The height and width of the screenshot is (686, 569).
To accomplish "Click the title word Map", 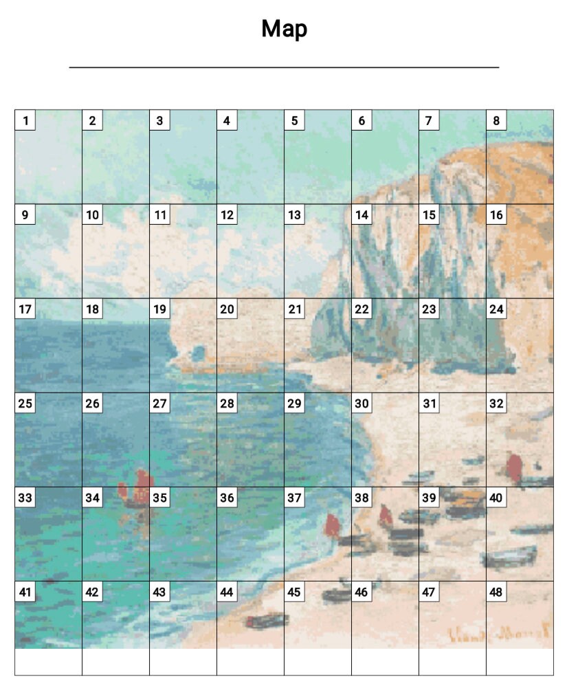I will tap(284, 29).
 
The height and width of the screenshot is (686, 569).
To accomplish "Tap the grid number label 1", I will tap(25, 121).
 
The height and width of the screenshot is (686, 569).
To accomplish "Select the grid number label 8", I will tap(496, 121).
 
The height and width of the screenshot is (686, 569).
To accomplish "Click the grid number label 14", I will tap(361, 215).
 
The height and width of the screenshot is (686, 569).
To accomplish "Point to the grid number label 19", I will tap(159, 309).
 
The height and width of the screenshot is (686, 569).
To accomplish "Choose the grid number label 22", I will tap(361, 309).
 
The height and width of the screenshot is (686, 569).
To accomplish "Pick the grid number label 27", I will tap(159, 403).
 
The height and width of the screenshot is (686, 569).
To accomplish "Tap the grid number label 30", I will tap(361, 403).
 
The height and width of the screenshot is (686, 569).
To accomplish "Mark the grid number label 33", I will tap(25, 498).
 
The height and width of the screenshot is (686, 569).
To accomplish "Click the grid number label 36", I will tap(227, 498).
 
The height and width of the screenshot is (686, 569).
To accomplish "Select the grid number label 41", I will tap(25, 592).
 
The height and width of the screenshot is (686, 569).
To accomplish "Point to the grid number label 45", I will tap(294, 592).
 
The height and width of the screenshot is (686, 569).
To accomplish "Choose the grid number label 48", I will tap(496, 592).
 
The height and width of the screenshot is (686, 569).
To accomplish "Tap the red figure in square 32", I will tap(514, 467).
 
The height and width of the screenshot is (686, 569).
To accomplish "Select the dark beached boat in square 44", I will tap(266, 621).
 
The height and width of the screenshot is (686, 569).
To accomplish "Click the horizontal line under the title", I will tap(284, 67).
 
